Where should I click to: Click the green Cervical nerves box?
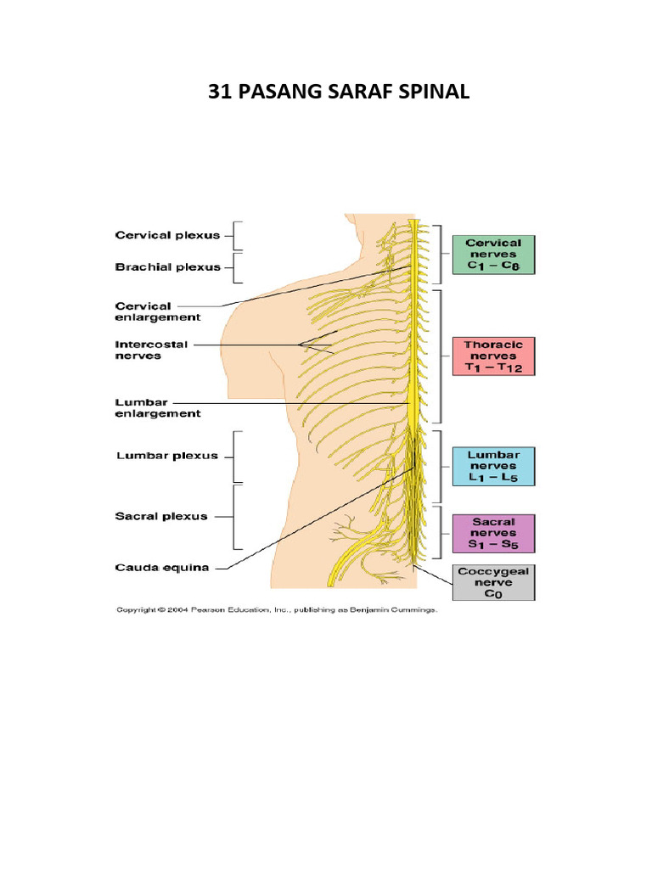click(x=493, y=255)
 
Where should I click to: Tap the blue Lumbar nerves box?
click(x=493, y=467)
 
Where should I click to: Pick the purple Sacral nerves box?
click(x=493, y=534)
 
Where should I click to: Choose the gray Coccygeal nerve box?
click(x=493, y=583)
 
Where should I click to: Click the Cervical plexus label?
click(x=167, y=235)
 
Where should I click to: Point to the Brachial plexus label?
click(x=167, y=266)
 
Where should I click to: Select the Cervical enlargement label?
click(x=157, y=311)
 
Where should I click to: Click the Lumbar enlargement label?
click(x=157, y=408)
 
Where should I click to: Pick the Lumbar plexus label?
click(x=166, y=456)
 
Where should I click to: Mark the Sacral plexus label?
click(x=161, y=516)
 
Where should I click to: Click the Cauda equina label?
click(x=161, y=569)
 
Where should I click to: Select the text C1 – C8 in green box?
click(x=493, y=266)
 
